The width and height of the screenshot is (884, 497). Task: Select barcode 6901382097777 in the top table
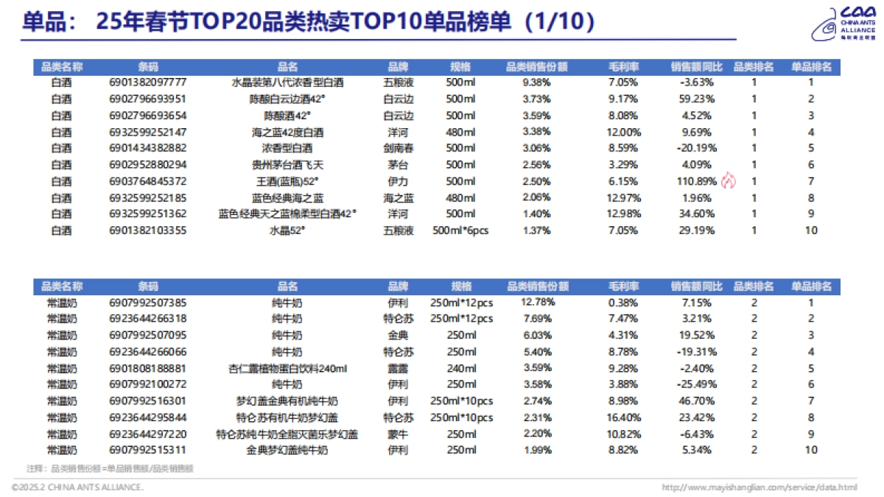point(147,82)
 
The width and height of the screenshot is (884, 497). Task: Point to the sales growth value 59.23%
point(696,99)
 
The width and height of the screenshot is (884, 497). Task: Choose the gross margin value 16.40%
point(623,417)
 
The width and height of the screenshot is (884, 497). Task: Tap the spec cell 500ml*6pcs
point(460,230)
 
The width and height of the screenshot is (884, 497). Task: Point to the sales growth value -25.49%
point(696,384)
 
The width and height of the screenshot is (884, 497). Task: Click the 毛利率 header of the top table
point(623,67)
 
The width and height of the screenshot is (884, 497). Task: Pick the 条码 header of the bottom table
point(147,286)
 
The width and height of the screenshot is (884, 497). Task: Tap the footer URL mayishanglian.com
point(760,487)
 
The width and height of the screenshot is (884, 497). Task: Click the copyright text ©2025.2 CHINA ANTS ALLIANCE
point(77,487)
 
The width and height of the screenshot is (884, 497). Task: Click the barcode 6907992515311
point(147,450)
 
